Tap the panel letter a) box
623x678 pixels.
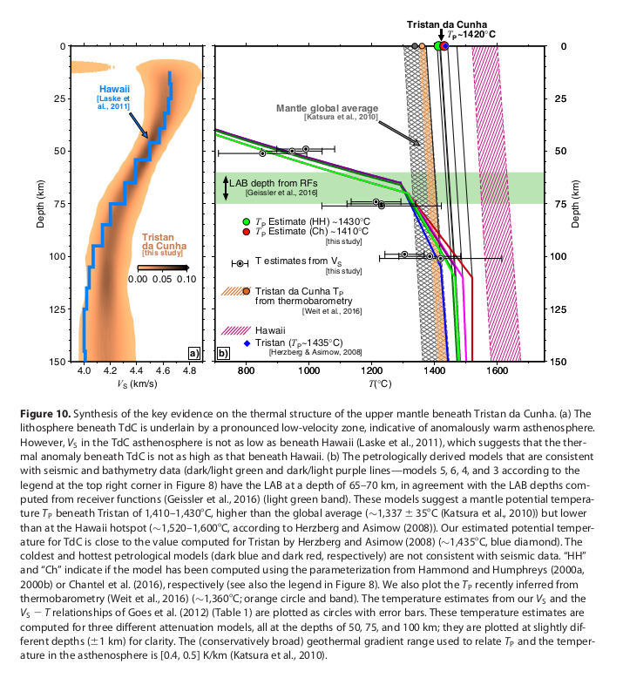pyautogui.click(x=194, y=353)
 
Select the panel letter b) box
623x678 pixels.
pyautogui.click(x=224, y=353)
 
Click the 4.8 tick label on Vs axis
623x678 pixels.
pyautogui.click(x=191, y=370)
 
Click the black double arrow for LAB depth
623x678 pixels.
pyautogui.click(x=226, y=188)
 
